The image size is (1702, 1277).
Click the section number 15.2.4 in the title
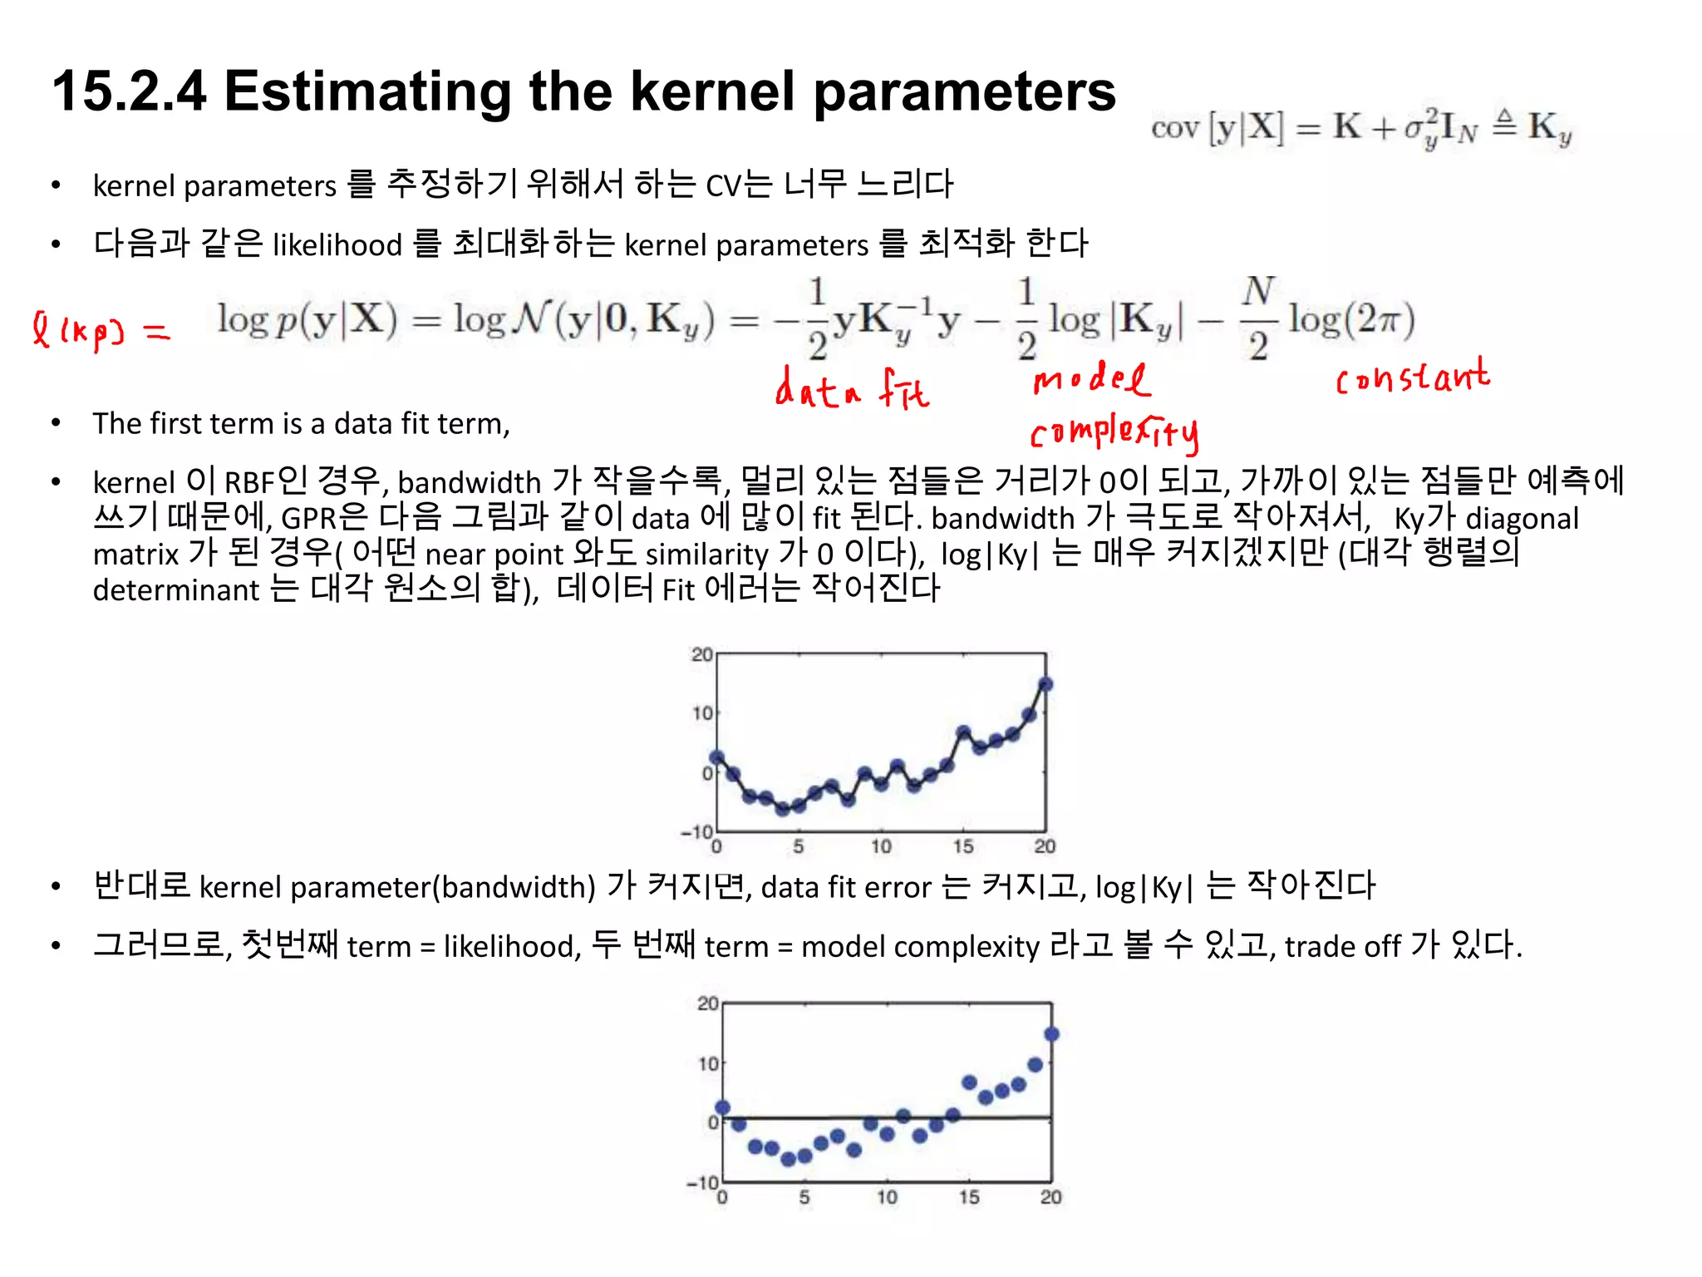(x=129, y=91)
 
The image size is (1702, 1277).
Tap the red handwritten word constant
(x=1412, y=378)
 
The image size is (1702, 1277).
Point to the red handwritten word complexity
(x=1114, y=432)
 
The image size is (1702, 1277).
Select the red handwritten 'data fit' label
(x=852, y=389)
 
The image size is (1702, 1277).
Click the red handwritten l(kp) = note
(x=100, y=331)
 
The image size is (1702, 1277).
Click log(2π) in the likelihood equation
(x=1351, y=319)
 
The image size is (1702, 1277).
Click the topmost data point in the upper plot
(x=1045, y=684)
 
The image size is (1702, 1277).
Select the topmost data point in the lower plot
(x=1051, y=1034)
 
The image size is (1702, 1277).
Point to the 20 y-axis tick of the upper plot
(x=701, y=654)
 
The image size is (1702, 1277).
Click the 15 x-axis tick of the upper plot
(x=962, y=846)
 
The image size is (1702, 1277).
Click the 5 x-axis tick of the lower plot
(x=804, y=1197)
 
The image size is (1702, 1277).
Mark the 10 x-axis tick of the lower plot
(x=886, y=1197)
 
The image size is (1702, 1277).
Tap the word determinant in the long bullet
(x=176, y=590)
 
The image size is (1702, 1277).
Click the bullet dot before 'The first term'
(x=56, y=424)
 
